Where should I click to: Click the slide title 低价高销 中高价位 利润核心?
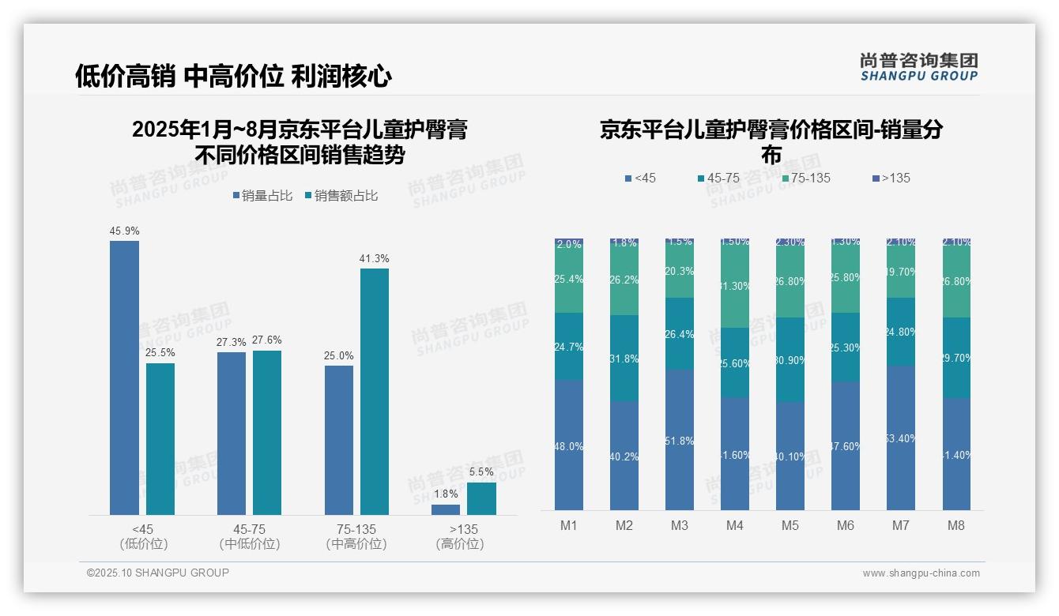[233, 76]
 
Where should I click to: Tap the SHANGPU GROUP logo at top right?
[918, 67]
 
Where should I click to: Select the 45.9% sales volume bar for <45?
[124, 377]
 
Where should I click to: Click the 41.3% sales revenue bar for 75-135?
[375, 391]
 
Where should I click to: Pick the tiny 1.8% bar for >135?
[446, 509]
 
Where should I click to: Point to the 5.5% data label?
[481, 472]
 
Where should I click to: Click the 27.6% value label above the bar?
[267, 340]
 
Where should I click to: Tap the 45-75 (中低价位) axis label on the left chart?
[250, 536]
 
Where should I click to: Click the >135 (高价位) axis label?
[459, 536]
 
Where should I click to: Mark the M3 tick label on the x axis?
[680, 525]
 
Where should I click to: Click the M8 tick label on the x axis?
[956, 525]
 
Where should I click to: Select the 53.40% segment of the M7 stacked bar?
[901, 438]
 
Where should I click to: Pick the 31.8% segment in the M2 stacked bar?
[624, 359]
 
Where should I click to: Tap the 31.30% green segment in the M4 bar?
[735, 287]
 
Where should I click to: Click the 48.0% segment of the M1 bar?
[569, 445]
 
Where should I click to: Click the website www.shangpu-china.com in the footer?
[921, 573]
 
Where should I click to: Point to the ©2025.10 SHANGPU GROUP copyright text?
[158, 573]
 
